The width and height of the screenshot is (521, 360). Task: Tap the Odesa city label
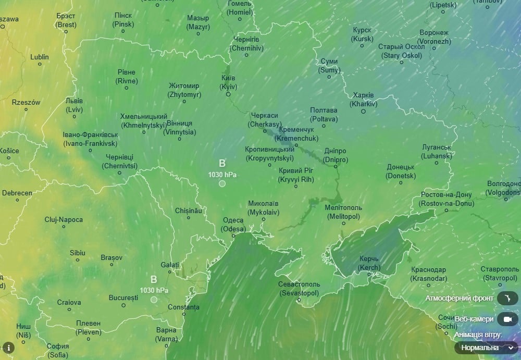(233, 225)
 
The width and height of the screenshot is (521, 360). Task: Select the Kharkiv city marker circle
(363, 111)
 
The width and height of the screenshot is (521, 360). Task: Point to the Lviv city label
(75, 105)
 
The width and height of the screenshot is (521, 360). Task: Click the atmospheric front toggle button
(507, 299)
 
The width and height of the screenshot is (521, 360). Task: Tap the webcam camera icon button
(507, 319)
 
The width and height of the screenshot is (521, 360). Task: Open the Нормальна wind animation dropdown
(486, 347)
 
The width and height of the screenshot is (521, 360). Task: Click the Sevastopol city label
(299, 289)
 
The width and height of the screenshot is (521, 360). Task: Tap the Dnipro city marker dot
(336, 167)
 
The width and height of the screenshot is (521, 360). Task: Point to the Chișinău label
(188, 210)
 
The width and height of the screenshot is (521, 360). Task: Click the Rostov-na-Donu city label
(447, 199)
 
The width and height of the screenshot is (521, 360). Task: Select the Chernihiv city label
(246, 44)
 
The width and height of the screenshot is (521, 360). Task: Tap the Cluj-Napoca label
(64, 219)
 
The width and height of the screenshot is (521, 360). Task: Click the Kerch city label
(369, 263)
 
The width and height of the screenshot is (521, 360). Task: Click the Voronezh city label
(433, 37)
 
